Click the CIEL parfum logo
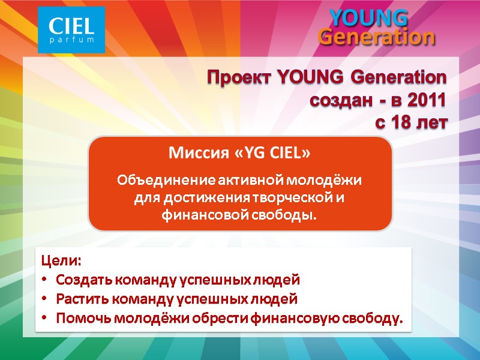(x=71, y=29)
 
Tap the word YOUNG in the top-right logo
(x=369, y=18)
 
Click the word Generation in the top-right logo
(x=376, y=37)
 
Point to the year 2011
(x=427, y=100)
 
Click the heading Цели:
(x=60, y=262)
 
